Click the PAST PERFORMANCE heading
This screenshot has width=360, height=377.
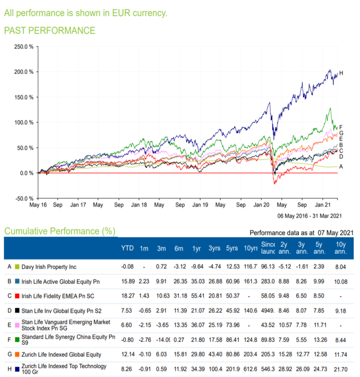pyautogui.click(x=49, y=31)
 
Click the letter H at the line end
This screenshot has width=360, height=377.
pyautogui.click(x=341, y=73)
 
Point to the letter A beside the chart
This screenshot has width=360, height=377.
pyautogui.click(x=341, y=167)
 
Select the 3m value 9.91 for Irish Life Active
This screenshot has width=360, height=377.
pyautogui.click(x=162, y=281)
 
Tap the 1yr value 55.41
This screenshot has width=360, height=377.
pyautogui.click(x=197, y=295)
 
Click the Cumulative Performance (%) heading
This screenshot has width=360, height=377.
pyautogui.click(x=60, y=231)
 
